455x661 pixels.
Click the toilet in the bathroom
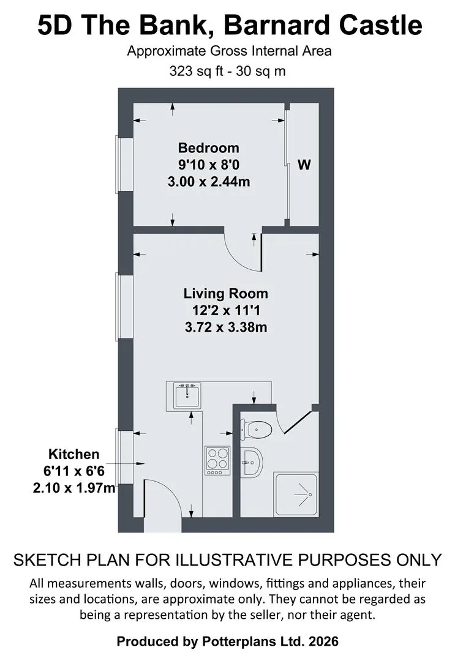pyautogui.click(x=256, y=430)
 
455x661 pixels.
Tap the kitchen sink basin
pyautogui.click(x=187, y=395)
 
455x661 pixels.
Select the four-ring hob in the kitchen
pyautogui.click(x=217, y=460)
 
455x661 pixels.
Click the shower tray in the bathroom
pyautogui.click(x=296, y=494)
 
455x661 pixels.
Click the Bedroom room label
pyautogui.click(x=208, y=148)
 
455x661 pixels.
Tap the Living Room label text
pyautogui.click(x=225, y=293)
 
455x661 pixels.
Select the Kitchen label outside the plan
pyautogui.click(x=74, y=454)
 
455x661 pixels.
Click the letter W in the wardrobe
pyautogui.click(x=304, y=165)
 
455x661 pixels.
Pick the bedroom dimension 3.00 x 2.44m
pyautogui.click(x=209, y=182)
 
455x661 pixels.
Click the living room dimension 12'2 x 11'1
pyautogui.click(x=226, y=311)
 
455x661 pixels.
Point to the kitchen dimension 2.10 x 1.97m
pyautogui.click(x=74, y=488)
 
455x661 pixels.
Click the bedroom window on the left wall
pyautogui.click(x=119, y=165)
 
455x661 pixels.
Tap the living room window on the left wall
pyautogui.click(x=119, y=307)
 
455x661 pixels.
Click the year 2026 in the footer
pyautogui.click(x=323, y=641)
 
